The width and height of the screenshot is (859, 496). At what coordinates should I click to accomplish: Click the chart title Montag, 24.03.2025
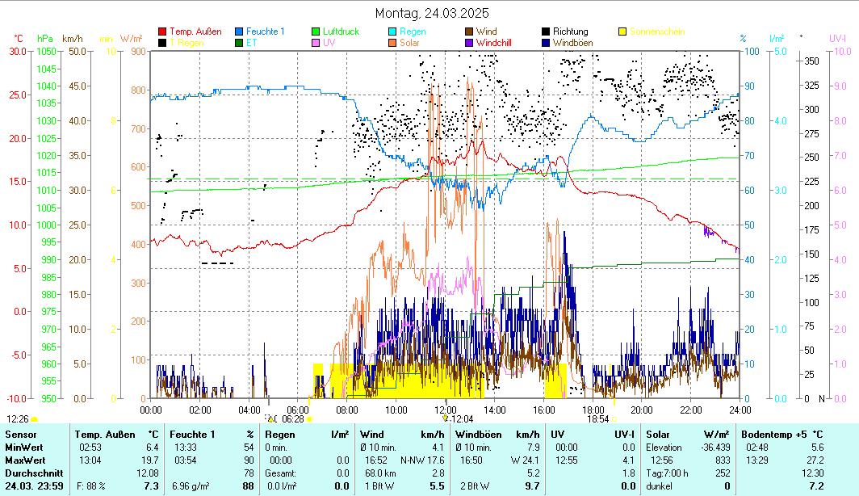432,14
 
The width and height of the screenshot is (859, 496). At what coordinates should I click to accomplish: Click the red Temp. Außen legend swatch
162,32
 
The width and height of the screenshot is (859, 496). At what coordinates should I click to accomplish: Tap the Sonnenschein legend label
658,32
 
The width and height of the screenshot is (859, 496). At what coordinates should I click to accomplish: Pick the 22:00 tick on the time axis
690,409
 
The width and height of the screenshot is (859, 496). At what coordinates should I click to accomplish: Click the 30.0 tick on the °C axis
18,51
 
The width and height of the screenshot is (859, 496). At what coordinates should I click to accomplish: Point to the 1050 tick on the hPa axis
45,51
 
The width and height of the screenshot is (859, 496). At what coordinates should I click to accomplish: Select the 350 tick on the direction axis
811,61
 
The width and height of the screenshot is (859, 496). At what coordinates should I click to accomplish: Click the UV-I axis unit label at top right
837,38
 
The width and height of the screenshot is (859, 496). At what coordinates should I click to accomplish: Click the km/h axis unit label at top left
72,38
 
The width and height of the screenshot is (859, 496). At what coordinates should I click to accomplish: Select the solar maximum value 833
723,460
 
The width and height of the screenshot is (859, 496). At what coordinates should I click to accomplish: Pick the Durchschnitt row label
30,473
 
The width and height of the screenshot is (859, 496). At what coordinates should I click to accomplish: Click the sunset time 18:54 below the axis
597,418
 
